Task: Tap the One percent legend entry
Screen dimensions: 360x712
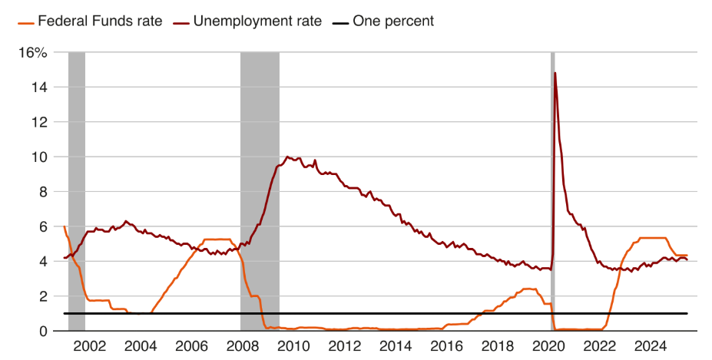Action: (392, 21)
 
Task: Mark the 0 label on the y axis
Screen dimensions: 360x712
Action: (44, 331)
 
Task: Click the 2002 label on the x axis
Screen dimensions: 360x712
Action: (89, 346)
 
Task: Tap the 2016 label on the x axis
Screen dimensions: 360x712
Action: (447, 346)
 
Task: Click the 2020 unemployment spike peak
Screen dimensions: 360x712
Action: (555, 73)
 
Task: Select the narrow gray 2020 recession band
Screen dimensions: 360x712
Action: (552, 192)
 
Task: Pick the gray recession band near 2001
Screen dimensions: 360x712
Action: (77, 192)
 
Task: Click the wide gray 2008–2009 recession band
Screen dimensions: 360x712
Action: (260, 192)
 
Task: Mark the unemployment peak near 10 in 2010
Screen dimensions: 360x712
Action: (287, 157)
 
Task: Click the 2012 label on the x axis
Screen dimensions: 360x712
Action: (344, 346)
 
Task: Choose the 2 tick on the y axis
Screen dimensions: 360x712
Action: (44, 296)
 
